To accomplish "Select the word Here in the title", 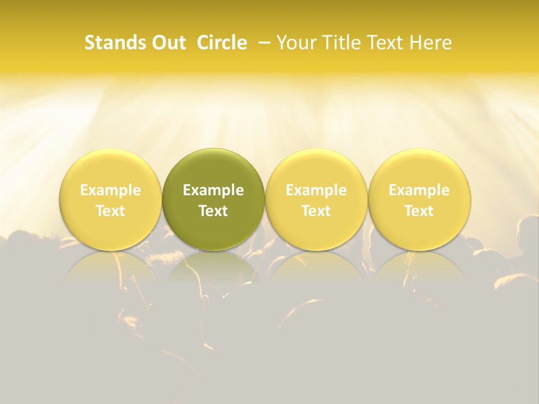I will pyautogui.click(x=431, y=43).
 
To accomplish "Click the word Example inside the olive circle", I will pyautogui.click(x=213, y=190).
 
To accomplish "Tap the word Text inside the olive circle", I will pyautogui.click(x=213, y=211).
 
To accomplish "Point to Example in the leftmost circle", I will pyautogui.click(x=111, y=190).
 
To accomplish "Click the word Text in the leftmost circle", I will pyautogui.click(x=111, y=211).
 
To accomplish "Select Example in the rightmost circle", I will pyautogui.click(x=419, y=190).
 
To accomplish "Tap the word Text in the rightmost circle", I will pyautogui.click(x=419, y=211).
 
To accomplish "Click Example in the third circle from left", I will pyautogui.click(x=316, y=190).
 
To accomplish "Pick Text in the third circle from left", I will pyautogui.click(x=316, y=211).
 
